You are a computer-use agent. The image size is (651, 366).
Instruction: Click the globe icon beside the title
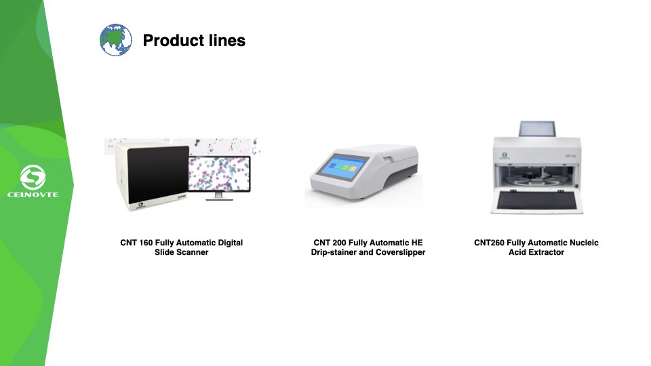coord(116,40)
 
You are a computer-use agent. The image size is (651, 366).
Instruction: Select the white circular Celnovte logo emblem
coord(33,178)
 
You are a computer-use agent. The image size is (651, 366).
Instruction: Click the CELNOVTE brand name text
coord(33,195)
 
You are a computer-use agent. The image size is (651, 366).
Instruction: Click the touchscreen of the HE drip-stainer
coord(346,167)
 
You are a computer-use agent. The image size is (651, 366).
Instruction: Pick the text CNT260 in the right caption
coord(490,243)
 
